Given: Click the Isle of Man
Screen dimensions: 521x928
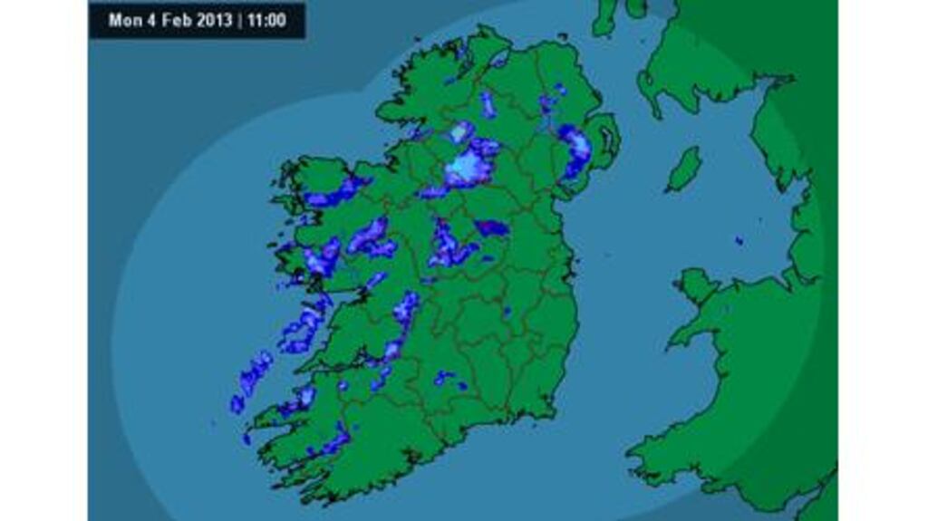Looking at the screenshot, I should pos(685,169).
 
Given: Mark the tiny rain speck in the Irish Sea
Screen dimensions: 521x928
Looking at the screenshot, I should pos(739,241).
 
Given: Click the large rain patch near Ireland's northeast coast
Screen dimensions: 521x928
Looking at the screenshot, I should pos(575,151).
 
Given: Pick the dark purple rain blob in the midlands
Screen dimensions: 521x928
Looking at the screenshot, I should pos(491,227).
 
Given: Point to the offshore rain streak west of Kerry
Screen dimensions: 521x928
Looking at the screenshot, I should pos(254,372).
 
